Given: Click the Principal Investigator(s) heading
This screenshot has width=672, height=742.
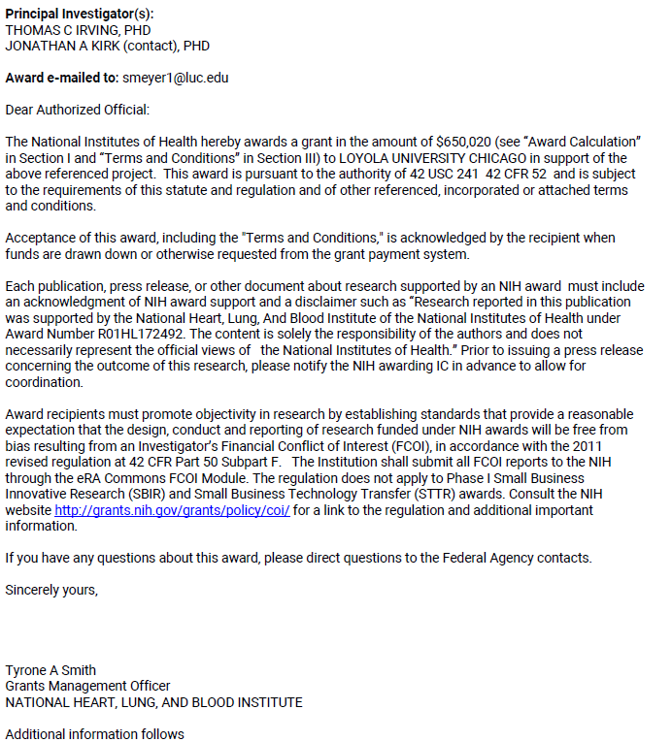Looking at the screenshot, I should (80, 14).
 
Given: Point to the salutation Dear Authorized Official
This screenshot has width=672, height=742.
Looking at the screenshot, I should (78, 111).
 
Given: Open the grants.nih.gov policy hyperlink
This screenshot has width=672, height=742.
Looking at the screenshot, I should (172, 510).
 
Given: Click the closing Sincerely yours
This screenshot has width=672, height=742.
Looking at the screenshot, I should (51, 590).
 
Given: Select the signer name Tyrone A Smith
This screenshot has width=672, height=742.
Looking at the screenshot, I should (50, 670).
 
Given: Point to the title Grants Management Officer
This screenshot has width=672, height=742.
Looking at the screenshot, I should (87, 686).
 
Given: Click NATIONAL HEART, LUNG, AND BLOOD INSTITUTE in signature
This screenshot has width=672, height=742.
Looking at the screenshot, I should (153, 702).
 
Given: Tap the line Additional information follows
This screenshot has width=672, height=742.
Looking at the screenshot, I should (94, 734).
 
